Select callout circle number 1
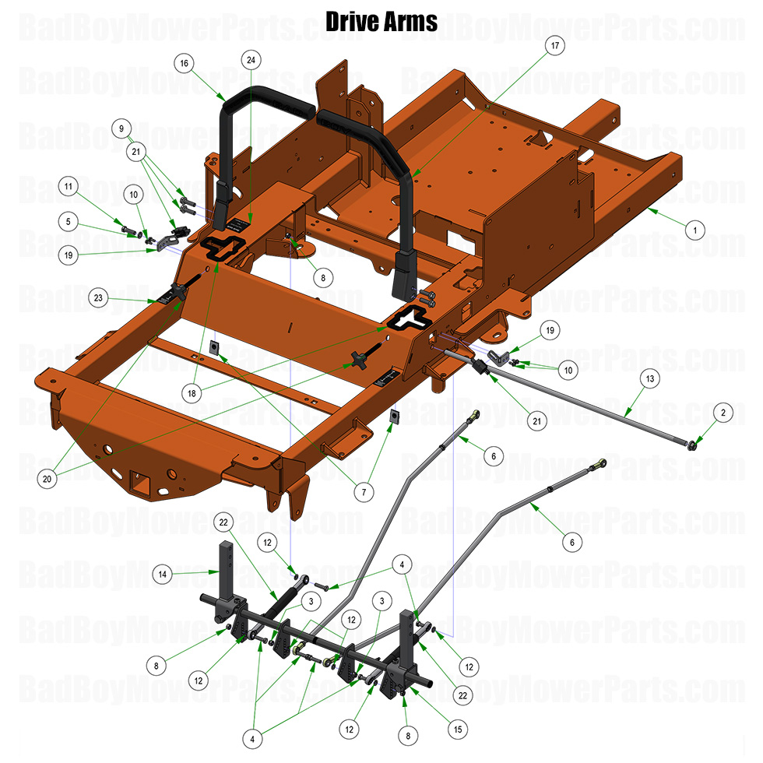[694, 230]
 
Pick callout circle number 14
[163, 575]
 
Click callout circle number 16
[185, 63]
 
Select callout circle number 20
[47, 480]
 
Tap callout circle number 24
[249, 59]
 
